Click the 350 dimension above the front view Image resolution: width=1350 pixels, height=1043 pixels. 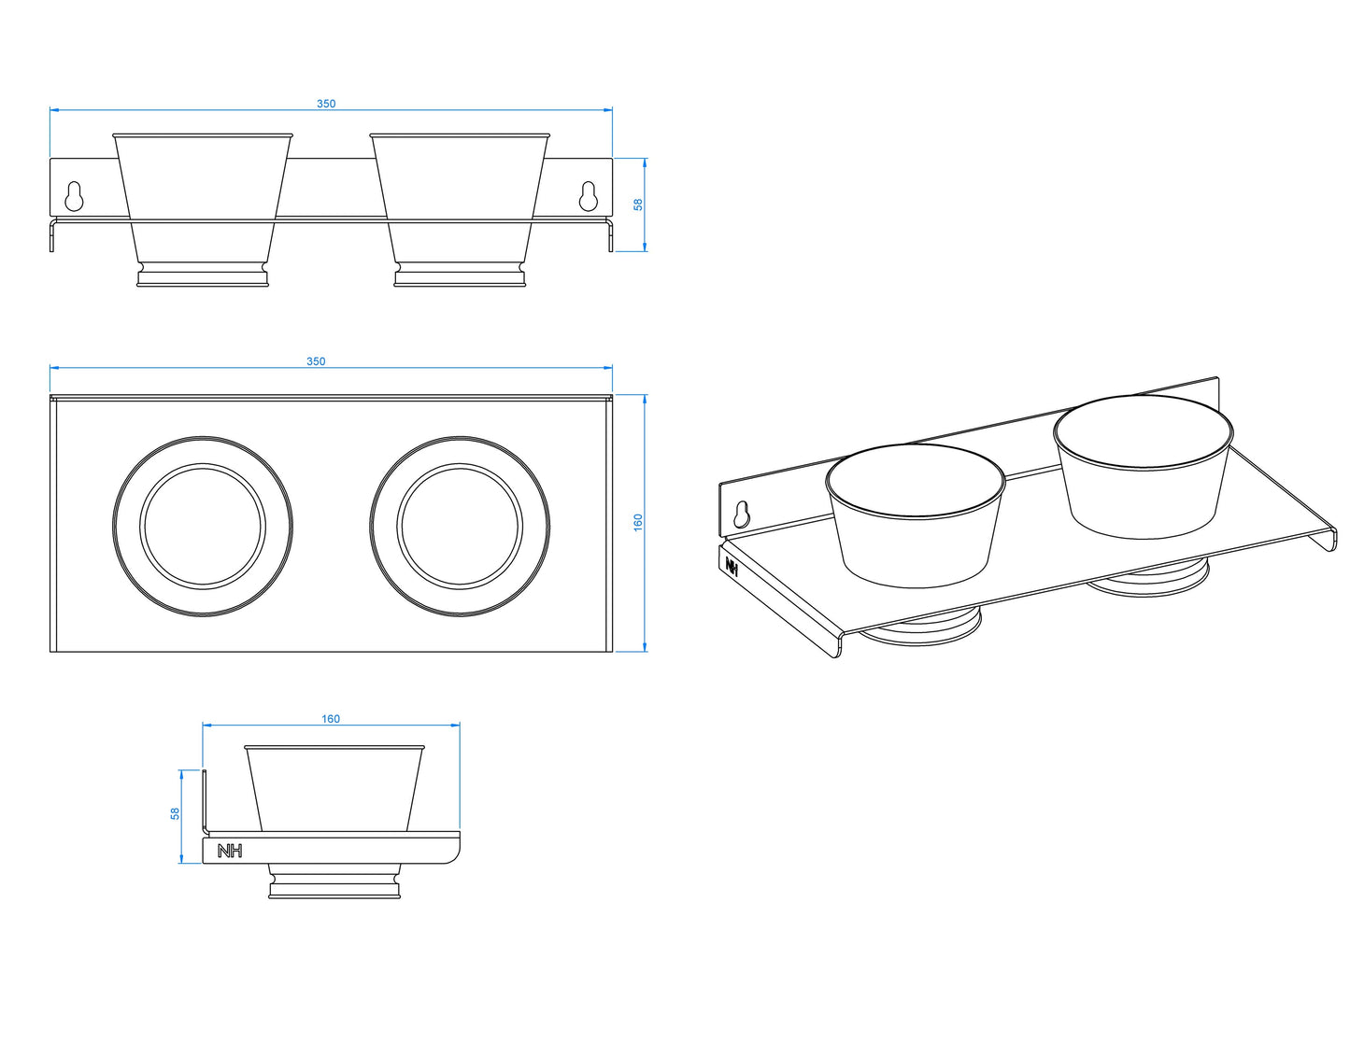(325, 104)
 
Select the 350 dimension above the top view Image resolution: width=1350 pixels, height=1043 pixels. (316, 361)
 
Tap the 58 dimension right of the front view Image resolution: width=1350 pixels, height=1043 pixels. (638, 204)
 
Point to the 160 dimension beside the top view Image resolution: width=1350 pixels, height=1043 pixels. (638, 522)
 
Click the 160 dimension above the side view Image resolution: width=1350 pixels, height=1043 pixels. (331, 719)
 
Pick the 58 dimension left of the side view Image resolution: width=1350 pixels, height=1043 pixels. (176, 813)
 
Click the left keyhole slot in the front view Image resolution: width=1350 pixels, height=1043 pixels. (74, 196)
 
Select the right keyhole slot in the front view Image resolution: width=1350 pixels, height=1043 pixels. (589, 196)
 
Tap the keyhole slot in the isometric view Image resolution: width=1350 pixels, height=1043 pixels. (741, 514)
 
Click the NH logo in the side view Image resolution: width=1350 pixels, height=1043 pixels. (230, 852)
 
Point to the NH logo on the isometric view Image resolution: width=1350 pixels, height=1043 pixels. (732, 566)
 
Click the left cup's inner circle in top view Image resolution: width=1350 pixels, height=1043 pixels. (203, 527)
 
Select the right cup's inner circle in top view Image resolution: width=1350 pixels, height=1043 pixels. (460, 527)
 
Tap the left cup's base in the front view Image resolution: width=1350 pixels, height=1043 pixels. (203, 275)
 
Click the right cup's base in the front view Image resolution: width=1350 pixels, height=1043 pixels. (460, 275)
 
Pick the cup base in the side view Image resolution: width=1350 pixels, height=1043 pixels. (334, 881)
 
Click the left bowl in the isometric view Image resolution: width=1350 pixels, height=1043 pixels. (915, 515)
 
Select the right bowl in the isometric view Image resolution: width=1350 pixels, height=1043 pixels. (1144, 467)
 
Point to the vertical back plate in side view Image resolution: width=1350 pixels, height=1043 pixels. (205, 801)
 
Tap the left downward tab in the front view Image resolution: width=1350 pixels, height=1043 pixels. (52, 234)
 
